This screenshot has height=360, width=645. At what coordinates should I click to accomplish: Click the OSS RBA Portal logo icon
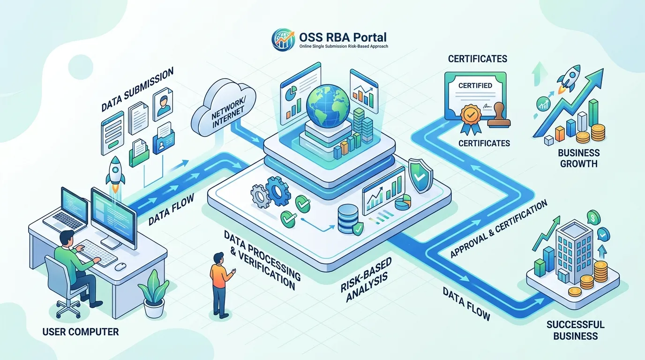(283, 40)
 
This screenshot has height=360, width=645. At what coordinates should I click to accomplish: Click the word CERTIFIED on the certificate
(475, 85)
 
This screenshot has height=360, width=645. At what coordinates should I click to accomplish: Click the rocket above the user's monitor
(115, 174)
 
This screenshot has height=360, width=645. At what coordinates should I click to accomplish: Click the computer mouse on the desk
(120, 266)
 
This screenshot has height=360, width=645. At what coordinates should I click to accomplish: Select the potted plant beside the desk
(153, 294)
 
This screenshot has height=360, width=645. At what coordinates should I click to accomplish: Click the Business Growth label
(579, 158)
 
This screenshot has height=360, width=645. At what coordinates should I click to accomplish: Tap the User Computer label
(81, 332)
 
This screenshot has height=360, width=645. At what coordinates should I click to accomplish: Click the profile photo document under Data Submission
(163, 104)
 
